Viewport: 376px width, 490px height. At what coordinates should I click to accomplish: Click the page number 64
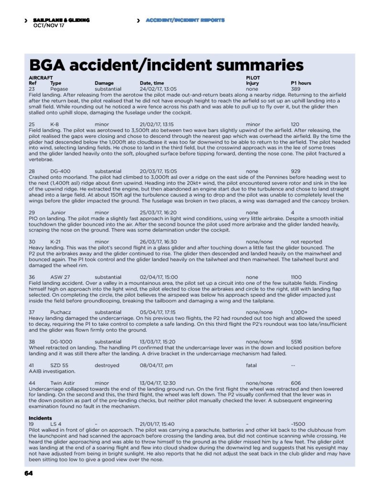coord(28,473)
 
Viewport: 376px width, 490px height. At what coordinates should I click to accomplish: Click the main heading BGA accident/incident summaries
coord(166,65)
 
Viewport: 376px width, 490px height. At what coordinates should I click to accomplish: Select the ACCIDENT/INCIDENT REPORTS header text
coord(185,20)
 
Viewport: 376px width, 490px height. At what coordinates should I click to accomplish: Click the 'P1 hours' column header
coord(301,83)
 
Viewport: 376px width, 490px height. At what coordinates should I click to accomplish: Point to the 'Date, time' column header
coord(152,83)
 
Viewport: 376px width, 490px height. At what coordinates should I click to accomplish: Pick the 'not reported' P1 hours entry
coord(307,242)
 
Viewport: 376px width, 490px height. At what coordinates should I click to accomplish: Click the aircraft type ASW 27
coord(60,277)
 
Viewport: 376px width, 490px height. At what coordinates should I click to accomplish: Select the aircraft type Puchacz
coord(61,312)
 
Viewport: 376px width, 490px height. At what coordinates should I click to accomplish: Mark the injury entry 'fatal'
coord(251,365)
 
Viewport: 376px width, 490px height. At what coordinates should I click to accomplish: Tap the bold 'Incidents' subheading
coord(40,418)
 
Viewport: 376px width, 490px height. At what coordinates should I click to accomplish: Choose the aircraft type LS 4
coord(56,424)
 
